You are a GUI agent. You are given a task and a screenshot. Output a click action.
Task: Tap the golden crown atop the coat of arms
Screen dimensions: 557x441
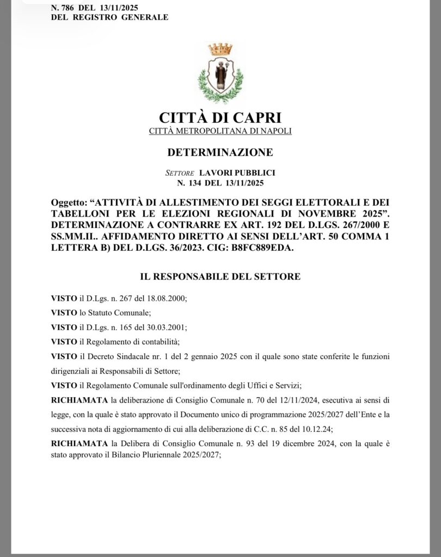(x=220, y=49)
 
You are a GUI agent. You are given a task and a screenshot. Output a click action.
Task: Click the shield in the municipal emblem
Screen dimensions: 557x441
(x=220, y=75)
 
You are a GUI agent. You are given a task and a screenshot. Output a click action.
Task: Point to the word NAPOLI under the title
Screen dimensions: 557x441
(x=275, y=131)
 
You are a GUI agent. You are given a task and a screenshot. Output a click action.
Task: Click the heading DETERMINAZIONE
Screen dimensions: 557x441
(x=220, y=152)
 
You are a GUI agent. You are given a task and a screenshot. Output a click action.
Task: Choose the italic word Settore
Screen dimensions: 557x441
(x=180, y=172)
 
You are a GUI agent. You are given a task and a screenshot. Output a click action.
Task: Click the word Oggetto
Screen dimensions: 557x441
(x=65, y=202)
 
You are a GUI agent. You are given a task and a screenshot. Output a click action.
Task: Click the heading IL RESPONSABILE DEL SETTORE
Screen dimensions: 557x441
(x=220, y=276)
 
